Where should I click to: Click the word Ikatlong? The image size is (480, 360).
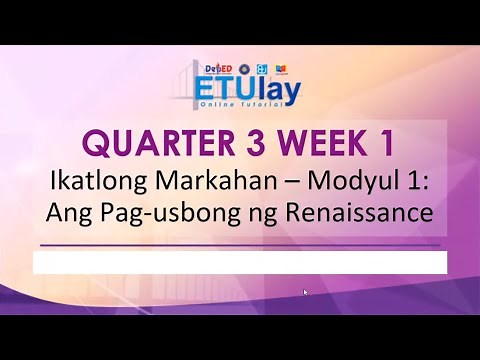(91, 183)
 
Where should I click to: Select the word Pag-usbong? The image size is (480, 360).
(193, 216)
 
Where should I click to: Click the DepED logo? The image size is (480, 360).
(217, 69)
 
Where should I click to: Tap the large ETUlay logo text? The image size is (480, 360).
(246, 92)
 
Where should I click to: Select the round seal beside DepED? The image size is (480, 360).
(244, 69)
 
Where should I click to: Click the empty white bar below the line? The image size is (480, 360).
(240, 263)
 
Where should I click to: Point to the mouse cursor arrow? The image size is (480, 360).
(306, 293)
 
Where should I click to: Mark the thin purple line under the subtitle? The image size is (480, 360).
(240, 244)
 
